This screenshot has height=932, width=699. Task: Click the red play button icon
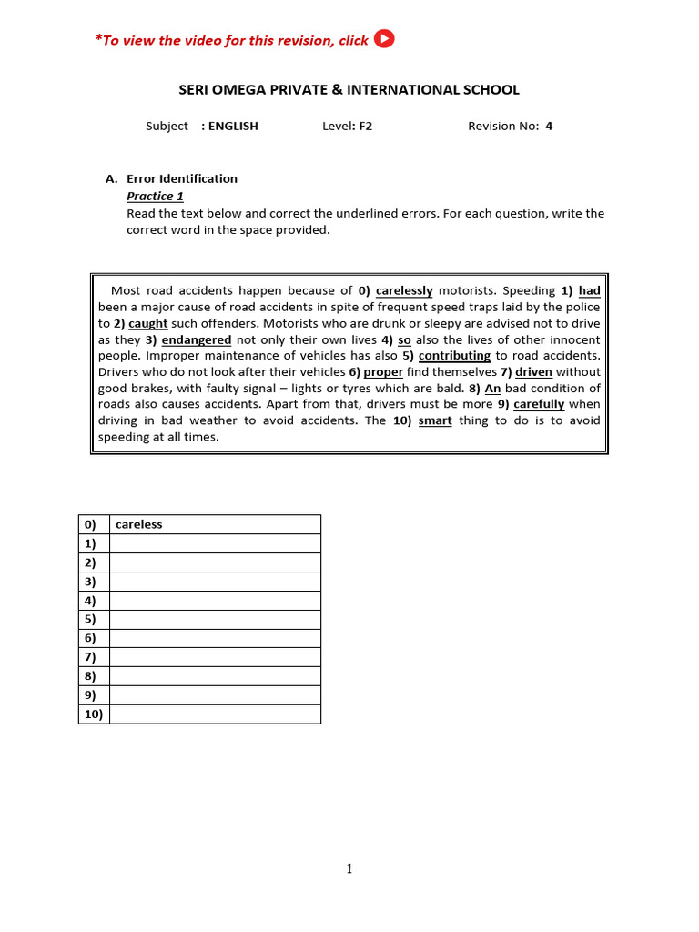click(x=384, y=38)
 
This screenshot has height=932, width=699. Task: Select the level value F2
click(x=365, y=127)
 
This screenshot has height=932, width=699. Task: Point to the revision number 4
click(x=549, y=127)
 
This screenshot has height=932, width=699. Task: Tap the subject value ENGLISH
click(x=233, y=127)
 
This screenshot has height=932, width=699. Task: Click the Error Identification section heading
click(x=182, y=178)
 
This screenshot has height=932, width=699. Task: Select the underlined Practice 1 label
click(x=155, y=196)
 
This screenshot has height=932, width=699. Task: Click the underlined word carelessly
click(x=404, y=291)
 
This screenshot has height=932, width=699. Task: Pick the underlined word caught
click(x=147, y=324)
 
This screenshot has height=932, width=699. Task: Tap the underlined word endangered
click(x=197, y=340)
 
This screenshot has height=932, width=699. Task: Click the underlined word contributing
click(x=454, y=356)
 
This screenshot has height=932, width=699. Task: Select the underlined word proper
click(x=383, y=372)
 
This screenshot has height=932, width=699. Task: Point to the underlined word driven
click(x=533, y=372)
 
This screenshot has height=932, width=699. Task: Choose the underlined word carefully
click(x=539, y=404)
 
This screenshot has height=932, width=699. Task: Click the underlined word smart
click(x=435, y=420)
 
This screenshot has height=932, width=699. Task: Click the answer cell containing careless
click(x=215, y=524)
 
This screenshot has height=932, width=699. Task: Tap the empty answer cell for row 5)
click(x=215, y=619)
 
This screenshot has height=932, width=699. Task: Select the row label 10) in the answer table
click(x=94, y=714)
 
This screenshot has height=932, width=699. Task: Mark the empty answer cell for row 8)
click(x=215, y=676)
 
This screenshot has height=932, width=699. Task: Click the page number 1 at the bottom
click(x=349, y=869)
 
